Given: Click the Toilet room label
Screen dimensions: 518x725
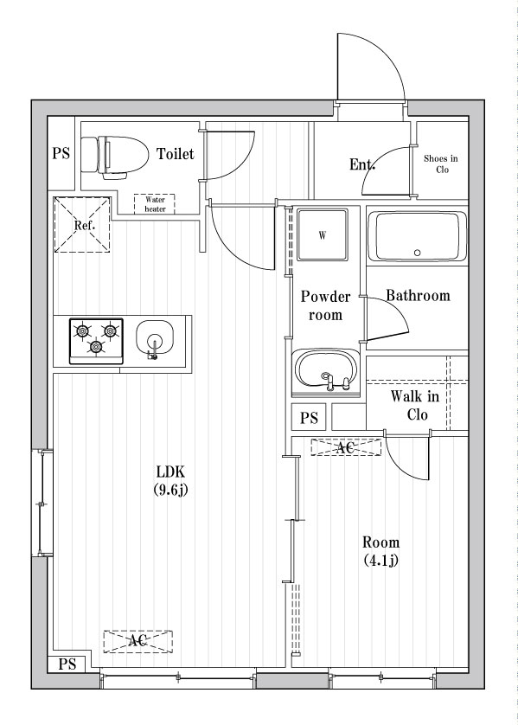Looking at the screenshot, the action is [176, 153].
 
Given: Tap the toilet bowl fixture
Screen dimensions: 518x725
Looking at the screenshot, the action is [114, 157].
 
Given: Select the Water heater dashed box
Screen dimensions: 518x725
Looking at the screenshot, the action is [155, 204].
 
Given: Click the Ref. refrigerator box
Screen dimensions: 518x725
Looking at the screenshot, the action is [83, 225].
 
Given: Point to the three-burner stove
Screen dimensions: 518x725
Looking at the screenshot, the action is [96, 341].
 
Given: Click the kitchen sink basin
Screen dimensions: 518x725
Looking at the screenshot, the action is [155, 338].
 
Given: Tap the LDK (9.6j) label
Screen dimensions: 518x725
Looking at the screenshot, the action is [170, 481].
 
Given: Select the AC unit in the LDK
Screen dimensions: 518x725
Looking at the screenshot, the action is [137, 641].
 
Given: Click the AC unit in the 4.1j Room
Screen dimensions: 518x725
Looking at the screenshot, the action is [346, 447].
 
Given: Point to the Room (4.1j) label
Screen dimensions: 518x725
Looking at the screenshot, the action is [381, 551].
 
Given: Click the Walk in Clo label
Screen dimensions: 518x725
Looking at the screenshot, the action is [415, 405].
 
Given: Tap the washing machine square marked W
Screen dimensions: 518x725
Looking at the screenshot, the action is [323, 234].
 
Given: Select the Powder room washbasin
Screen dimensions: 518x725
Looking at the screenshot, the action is [326, 371].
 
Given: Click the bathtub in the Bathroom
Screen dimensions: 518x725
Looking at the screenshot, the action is [420, 237].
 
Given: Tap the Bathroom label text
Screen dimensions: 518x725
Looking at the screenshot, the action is [418, 295].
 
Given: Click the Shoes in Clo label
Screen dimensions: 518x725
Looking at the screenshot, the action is [441, 164].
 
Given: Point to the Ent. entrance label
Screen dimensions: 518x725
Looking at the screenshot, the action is [362, 164].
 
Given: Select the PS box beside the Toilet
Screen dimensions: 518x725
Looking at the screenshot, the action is [61, 153].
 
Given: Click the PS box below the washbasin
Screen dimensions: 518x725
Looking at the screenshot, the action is [309, 418].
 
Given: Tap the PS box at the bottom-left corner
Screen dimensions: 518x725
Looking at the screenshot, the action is [67, 664].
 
